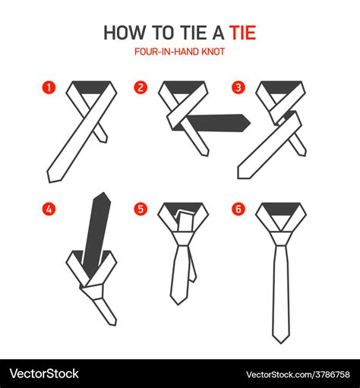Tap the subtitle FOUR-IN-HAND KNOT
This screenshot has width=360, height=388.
[x=180, y=52]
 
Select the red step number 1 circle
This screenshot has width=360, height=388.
[x=49, y=87]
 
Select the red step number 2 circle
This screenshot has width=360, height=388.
[x=141, y=87]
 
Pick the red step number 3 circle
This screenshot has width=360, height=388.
[x=238, y=87]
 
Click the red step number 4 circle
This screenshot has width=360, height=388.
[x=49, y=207]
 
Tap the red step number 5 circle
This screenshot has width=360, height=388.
[x=141, y=207]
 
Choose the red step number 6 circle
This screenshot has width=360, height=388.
[x=238, y=207]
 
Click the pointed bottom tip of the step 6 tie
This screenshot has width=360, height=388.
[x=279, y=338]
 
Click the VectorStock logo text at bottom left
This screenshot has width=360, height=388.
[x=44, y=373]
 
